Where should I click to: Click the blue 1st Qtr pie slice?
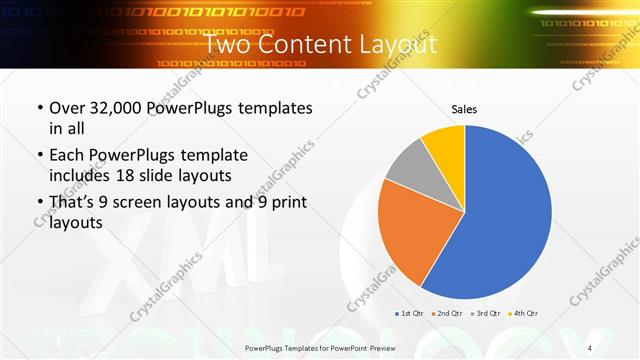[510, 215]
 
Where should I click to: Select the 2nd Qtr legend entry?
[446, 314]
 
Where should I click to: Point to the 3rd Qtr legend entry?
[485, 314]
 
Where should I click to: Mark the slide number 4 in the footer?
[590, 347]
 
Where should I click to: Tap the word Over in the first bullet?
[67, 107]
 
